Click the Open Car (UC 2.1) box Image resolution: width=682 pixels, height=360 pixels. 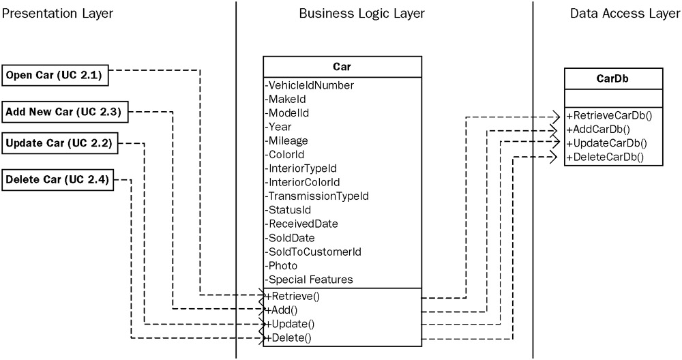[x=54, y=76]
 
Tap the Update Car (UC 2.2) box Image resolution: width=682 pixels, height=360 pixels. [x=58, y=143]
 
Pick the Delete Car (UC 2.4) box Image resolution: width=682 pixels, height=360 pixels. [x=57, y=180]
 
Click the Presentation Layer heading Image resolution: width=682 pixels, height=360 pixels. [x=57, y=14]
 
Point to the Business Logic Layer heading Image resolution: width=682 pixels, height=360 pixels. [x=361, y=14]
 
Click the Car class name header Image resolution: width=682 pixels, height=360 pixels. [x=342, y=67]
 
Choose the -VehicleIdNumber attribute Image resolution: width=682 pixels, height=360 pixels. [x=310, y=85]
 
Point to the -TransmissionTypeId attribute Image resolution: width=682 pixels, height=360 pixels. [x=317, y=196]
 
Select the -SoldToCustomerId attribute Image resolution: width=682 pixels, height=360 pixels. [x=313, y=252]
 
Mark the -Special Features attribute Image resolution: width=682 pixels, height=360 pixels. [x=309, y=280]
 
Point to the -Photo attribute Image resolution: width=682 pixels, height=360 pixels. [x=282, y=265]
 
